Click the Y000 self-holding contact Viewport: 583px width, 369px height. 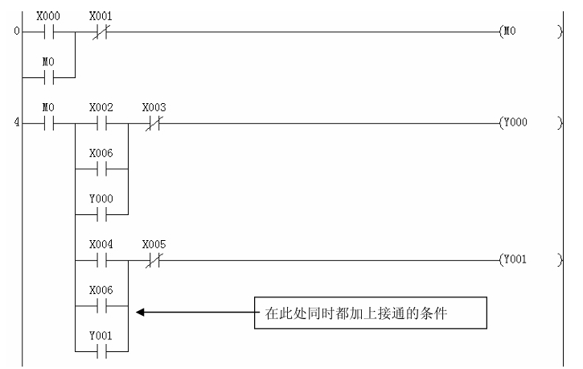pyautogui.click(x=102, y=215)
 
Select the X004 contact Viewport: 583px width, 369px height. pyautogui.click(x=102, y=260)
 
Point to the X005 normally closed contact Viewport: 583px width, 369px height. pyautogui.click(x=150, y=260)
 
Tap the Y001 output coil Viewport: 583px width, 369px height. pyautogui.click(x=515, y=260)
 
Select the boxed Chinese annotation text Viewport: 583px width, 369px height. pyautogui.click(x=371, y=312)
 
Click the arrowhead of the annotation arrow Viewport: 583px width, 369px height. pyautogui.click(x=141, y=312)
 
